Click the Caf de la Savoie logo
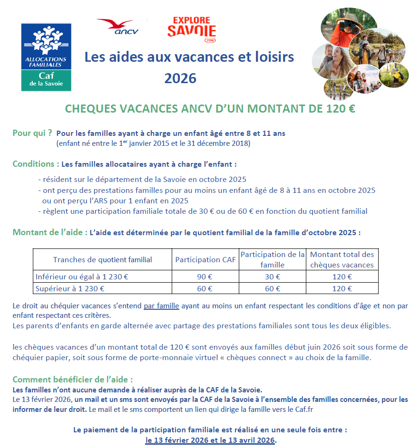click(46, 57)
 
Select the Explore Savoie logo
click(191, 29)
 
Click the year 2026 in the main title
click(180, 78)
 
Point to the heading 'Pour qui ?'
click(32, 133)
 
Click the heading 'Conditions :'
click(36, 164)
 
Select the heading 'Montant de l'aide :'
click(50, 233)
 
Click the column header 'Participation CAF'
click(205, 259)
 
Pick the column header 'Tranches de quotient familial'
click(102, 259)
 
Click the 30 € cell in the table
click(272, 277)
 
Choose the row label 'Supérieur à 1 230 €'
click(70, 288)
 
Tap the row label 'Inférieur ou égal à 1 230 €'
click(82, 277)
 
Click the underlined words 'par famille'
click(161, 306)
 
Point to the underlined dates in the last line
click(210, 440)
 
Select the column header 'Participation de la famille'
click(273, 259)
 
